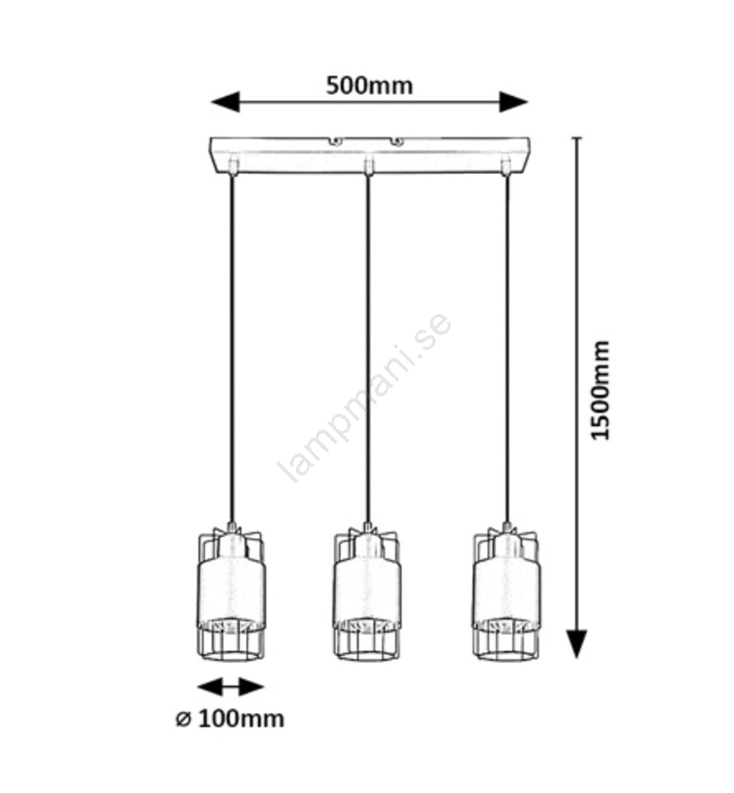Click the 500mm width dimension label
click(x=369, y=86)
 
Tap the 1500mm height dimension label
click(x=601, y=390)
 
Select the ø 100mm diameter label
click(x=230, y=718)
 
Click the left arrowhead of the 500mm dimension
click(x=225, y=102)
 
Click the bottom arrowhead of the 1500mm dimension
click(x=578, y=644)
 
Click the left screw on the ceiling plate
click(x=335, y=140)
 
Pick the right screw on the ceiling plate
click(x=397, y=140)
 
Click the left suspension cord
click(x=232, y=345)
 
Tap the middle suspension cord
click(x=368, y=345)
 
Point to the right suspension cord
click(x=506, y=345)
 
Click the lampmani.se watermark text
click(x=365, y=399)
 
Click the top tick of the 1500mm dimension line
click(x=578, y=138)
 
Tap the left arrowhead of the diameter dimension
click(x=207, y=687)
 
